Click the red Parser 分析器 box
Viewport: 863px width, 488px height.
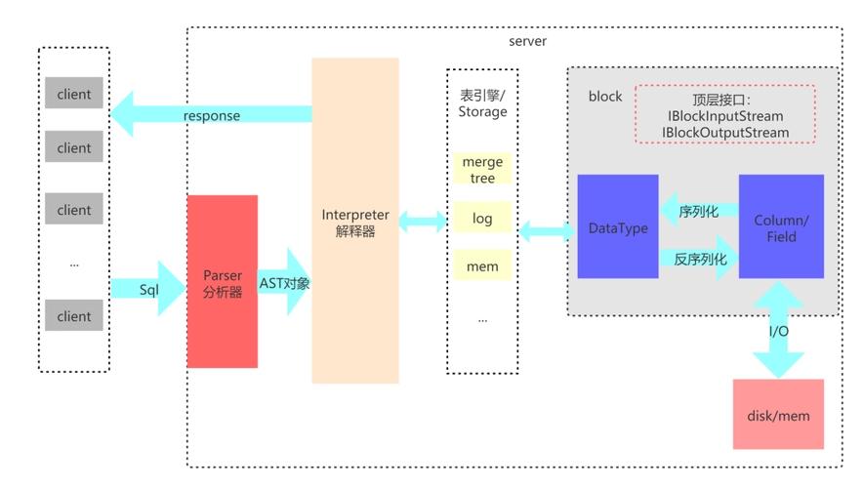tap(223, 281)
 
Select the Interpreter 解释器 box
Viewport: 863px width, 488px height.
tap(355, 221)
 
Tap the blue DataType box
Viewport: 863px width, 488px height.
tap(618, 226)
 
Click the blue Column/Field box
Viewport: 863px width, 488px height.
tap(781, 226)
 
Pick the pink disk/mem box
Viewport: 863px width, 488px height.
tap(778, 414)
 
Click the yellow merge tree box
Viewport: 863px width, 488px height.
tap(482, 170)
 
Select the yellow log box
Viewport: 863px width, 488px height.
tap(482, 218)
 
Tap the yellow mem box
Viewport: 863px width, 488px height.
tap(482, 265)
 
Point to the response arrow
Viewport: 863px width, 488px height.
tap(212, 114)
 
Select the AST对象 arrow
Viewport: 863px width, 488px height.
tap(284, 282)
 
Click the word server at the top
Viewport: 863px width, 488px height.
tap(528, 41)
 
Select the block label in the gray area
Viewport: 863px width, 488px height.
tap(604, 96)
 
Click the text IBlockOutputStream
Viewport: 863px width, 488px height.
tap(725, 132)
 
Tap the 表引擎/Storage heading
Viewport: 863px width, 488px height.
tap(482, 103)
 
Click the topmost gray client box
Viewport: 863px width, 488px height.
tap(74, 95)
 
